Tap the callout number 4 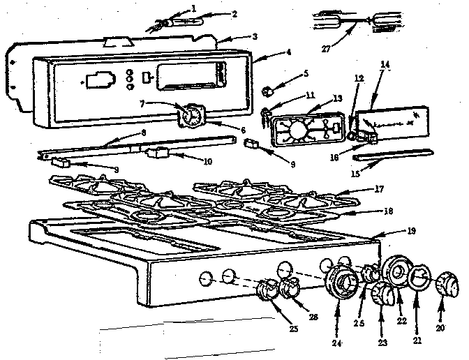point(269,52)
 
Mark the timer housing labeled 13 point(301,131)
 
